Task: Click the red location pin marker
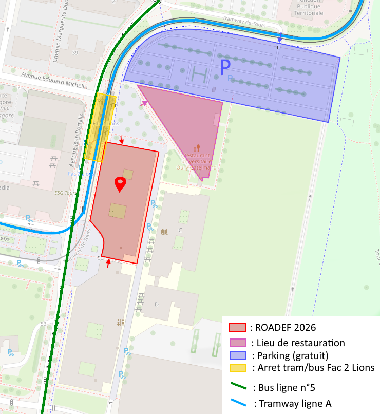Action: coord(120,184)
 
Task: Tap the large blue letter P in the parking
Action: coord(225,67)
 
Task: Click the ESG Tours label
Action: coord(65,194)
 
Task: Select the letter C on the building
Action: coord(180,230)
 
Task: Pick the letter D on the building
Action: coord(157,304)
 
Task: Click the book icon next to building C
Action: coord(165,232)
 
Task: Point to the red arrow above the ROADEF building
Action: coord(122,140)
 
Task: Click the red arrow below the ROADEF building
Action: coord(108,264)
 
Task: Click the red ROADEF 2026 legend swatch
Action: coord(237,327)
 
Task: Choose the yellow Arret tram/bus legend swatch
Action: coord(237,368)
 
